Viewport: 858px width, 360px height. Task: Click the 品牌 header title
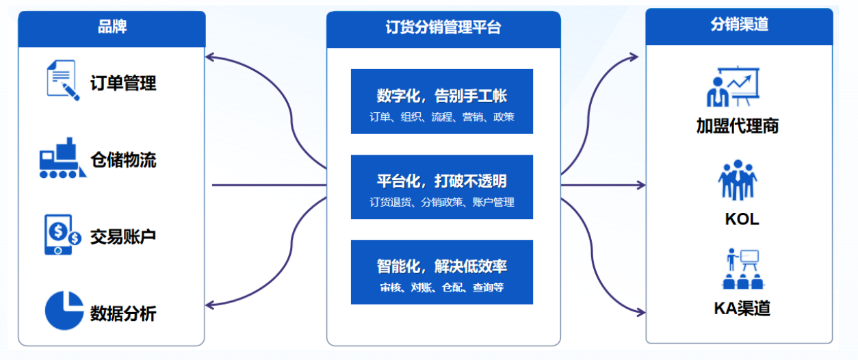tap(112, 27)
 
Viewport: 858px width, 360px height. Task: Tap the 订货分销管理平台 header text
tap(443, 27)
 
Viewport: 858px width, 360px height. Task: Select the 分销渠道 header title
tap(739, 24)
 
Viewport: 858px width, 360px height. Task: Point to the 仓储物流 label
tap(123, 160)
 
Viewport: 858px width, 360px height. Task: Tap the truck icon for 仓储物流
tap(62, 158)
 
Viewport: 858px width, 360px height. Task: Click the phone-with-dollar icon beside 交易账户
tap(62, 234)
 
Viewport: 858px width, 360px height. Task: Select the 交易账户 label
tap(123, 237)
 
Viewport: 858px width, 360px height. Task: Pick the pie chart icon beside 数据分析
tap(64, 311)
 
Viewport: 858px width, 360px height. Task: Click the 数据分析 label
tap(123, 313)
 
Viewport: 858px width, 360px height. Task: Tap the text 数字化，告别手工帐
tap(441, 96)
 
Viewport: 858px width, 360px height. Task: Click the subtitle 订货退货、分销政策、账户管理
tap(441, 202)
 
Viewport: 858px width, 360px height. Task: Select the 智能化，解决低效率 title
tap(441, 266)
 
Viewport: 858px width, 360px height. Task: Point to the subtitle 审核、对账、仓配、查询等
tap(441, 287)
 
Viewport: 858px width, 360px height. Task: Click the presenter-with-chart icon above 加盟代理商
tap(733, 86)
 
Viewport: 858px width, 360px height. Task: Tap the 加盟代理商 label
tap(738, 126)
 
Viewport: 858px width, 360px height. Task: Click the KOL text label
tap(742, 219)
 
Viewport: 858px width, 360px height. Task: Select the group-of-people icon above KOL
tap(738, 180)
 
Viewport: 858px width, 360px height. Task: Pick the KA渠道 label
tap(742, 308)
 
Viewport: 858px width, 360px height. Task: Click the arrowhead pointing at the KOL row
tap(641, 185)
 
